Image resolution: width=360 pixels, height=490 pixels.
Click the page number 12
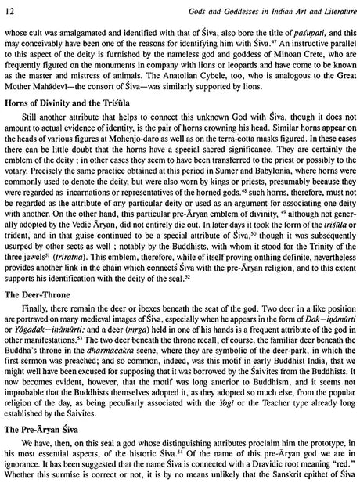(10, 9)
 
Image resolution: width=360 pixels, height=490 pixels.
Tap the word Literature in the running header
(329, 9)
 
